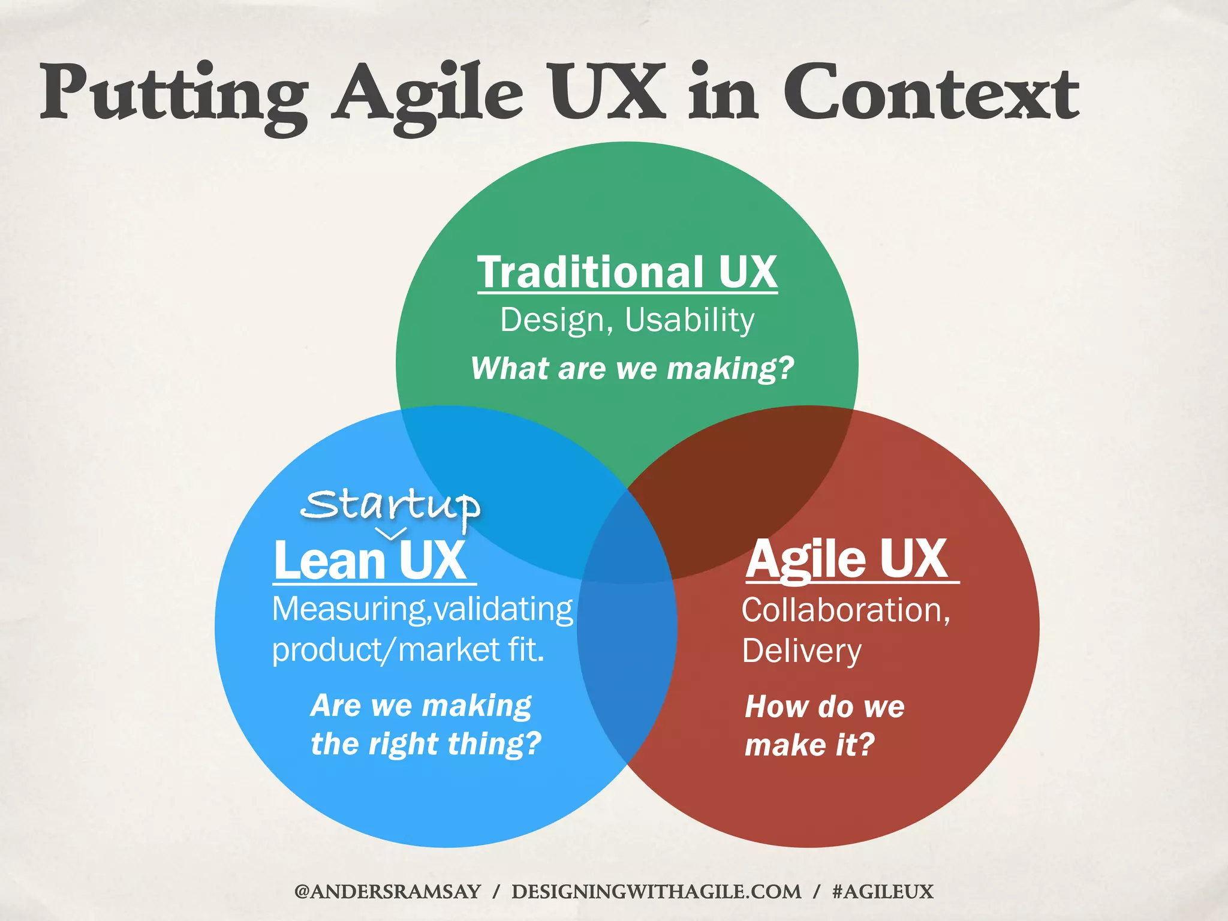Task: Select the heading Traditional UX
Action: point(627,272)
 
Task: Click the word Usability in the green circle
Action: point(690,320)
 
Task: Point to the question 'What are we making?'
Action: point(632,368)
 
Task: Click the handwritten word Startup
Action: point(390,505)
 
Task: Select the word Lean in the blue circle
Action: point(329,561)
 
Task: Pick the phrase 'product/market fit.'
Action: point(408,650)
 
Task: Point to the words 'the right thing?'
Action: point(426,744)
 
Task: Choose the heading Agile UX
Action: point(847,559)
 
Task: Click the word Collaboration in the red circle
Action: point(842,610)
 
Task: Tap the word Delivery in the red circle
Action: point(802,651)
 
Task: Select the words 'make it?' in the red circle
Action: point(809,745)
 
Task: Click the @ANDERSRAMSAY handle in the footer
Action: point(387,892)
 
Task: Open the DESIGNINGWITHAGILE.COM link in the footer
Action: point(656,892)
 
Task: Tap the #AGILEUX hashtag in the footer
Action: point(883,892)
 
